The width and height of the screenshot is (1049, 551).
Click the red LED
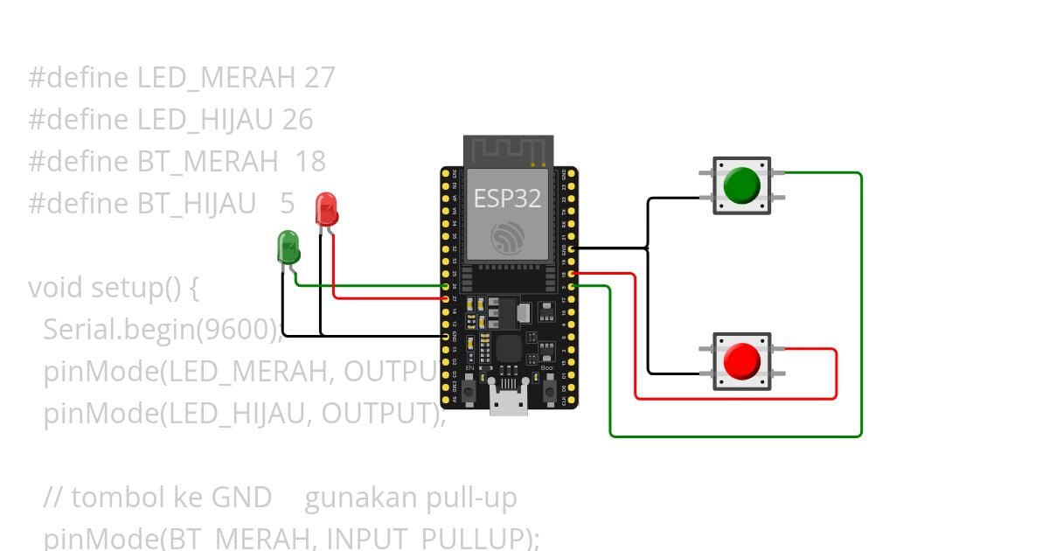(x=326, y=209)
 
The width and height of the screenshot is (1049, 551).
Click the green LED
(x=288, y=247)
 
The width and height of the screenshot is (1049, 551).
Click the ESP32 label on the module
(x=507, y=199)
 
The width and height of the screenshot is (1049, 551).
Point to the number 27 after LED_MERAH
(x=320, y=78)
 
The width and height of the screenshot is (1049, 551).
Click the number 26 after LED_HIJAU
(x=297, y=120)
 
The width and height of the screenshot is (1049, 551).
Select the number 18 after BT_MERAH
(x=309, y=162)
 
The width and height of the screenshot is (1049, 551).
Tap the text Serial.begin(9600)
(x=161, y=330)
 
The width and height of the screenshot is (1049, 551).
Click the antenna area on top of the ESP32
(x=507, y=150)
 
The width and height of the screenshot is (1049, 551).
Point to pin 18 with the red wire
(x=571, y=274)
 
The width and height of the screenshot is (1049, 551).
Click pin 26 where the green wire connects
(x=446, y=286)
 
